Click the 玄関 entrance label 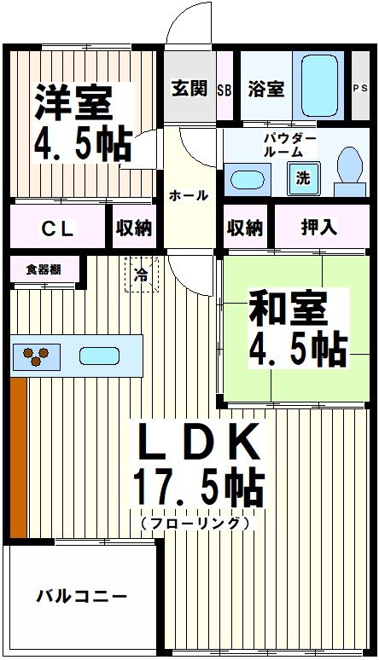coord(189,88)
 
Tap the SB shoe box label coord(225,89)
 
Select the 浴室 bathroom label coord(265,88)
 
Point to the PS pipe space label coord(362,89)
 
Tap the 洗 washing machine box coord(303,178)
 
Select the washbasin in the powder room coord(248,180)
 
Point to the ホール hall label coord(189,195)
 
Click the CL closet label coord(58,228)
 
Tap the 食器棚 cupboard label coord(42,270)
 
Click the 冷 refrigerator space coord(141,275)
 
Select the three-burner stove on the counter coord(36,356)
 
